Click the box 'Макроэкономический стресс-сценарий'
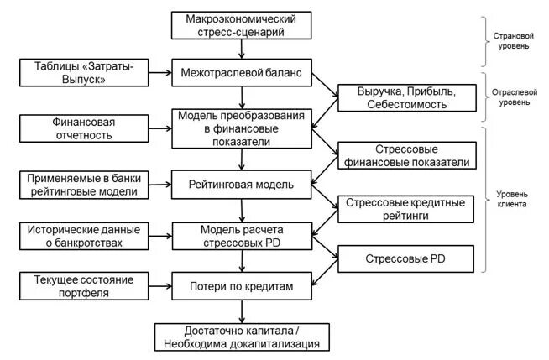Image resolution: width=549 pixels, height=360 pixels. (243, 25)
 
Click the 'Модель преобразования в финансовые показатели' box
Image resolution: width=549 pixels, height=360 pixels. (243, 128)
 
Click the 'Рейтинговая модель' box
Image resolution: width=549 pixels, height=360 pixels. (243, 184)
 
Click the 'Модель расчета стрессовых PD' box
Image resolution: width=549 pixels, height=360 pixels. (243, 237)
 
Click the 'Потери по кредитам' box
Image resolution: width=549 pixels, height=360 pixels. (243, 286)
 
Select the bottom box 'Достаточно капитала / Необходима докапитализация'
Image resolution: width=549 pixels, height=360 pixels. (243, 337)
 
